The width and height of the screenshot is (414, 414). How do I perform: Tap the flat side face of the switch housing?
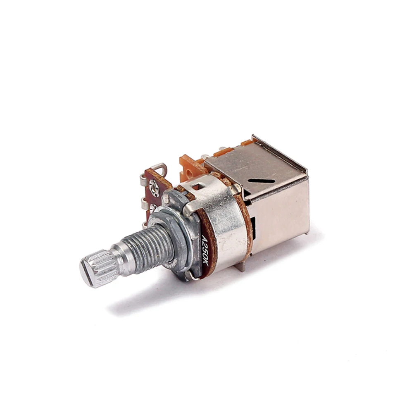281,215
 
